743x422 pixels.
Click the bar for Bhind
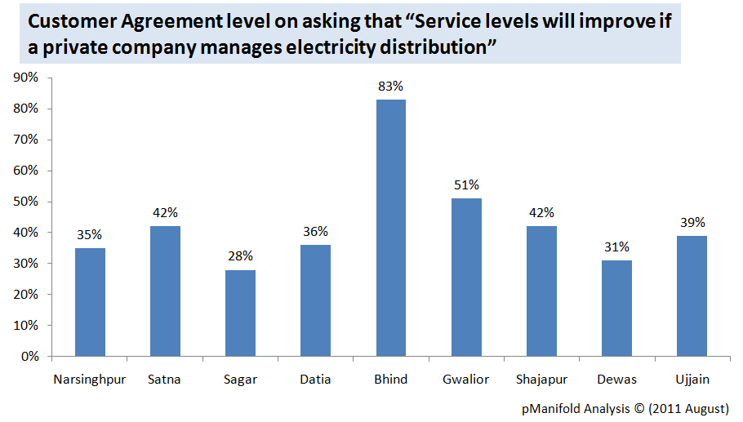tap(390, 228)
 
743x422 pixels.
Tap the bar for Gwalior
tap(466, 277)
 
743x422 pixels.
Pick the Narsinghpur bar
tap(90, 302)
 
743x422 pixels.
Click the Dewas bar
tap(616, 308)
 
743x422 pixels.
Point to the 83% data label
tap(390, 86)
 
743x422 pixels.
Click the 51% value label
tap(466, 184)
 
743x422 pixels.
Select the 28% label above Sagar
tap(240, 255)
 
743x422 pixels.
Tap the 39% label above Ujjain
tap(692, 222)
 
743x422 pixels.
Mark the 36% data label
tap(315, 231)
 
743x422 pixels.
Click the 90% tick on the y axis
tap(27, 78)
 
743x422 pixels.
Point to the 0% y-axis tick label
tap(30, 356)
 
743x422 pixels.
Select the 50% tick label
tap(27, 202)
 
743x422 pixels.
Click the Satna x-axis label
tap(165, 379)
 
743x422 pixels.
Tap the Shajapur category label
tap(541, 379)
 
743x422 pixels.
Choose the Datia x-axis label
tap(315, 379)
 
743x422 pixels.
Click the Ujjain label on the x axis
tap(692, 379)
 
